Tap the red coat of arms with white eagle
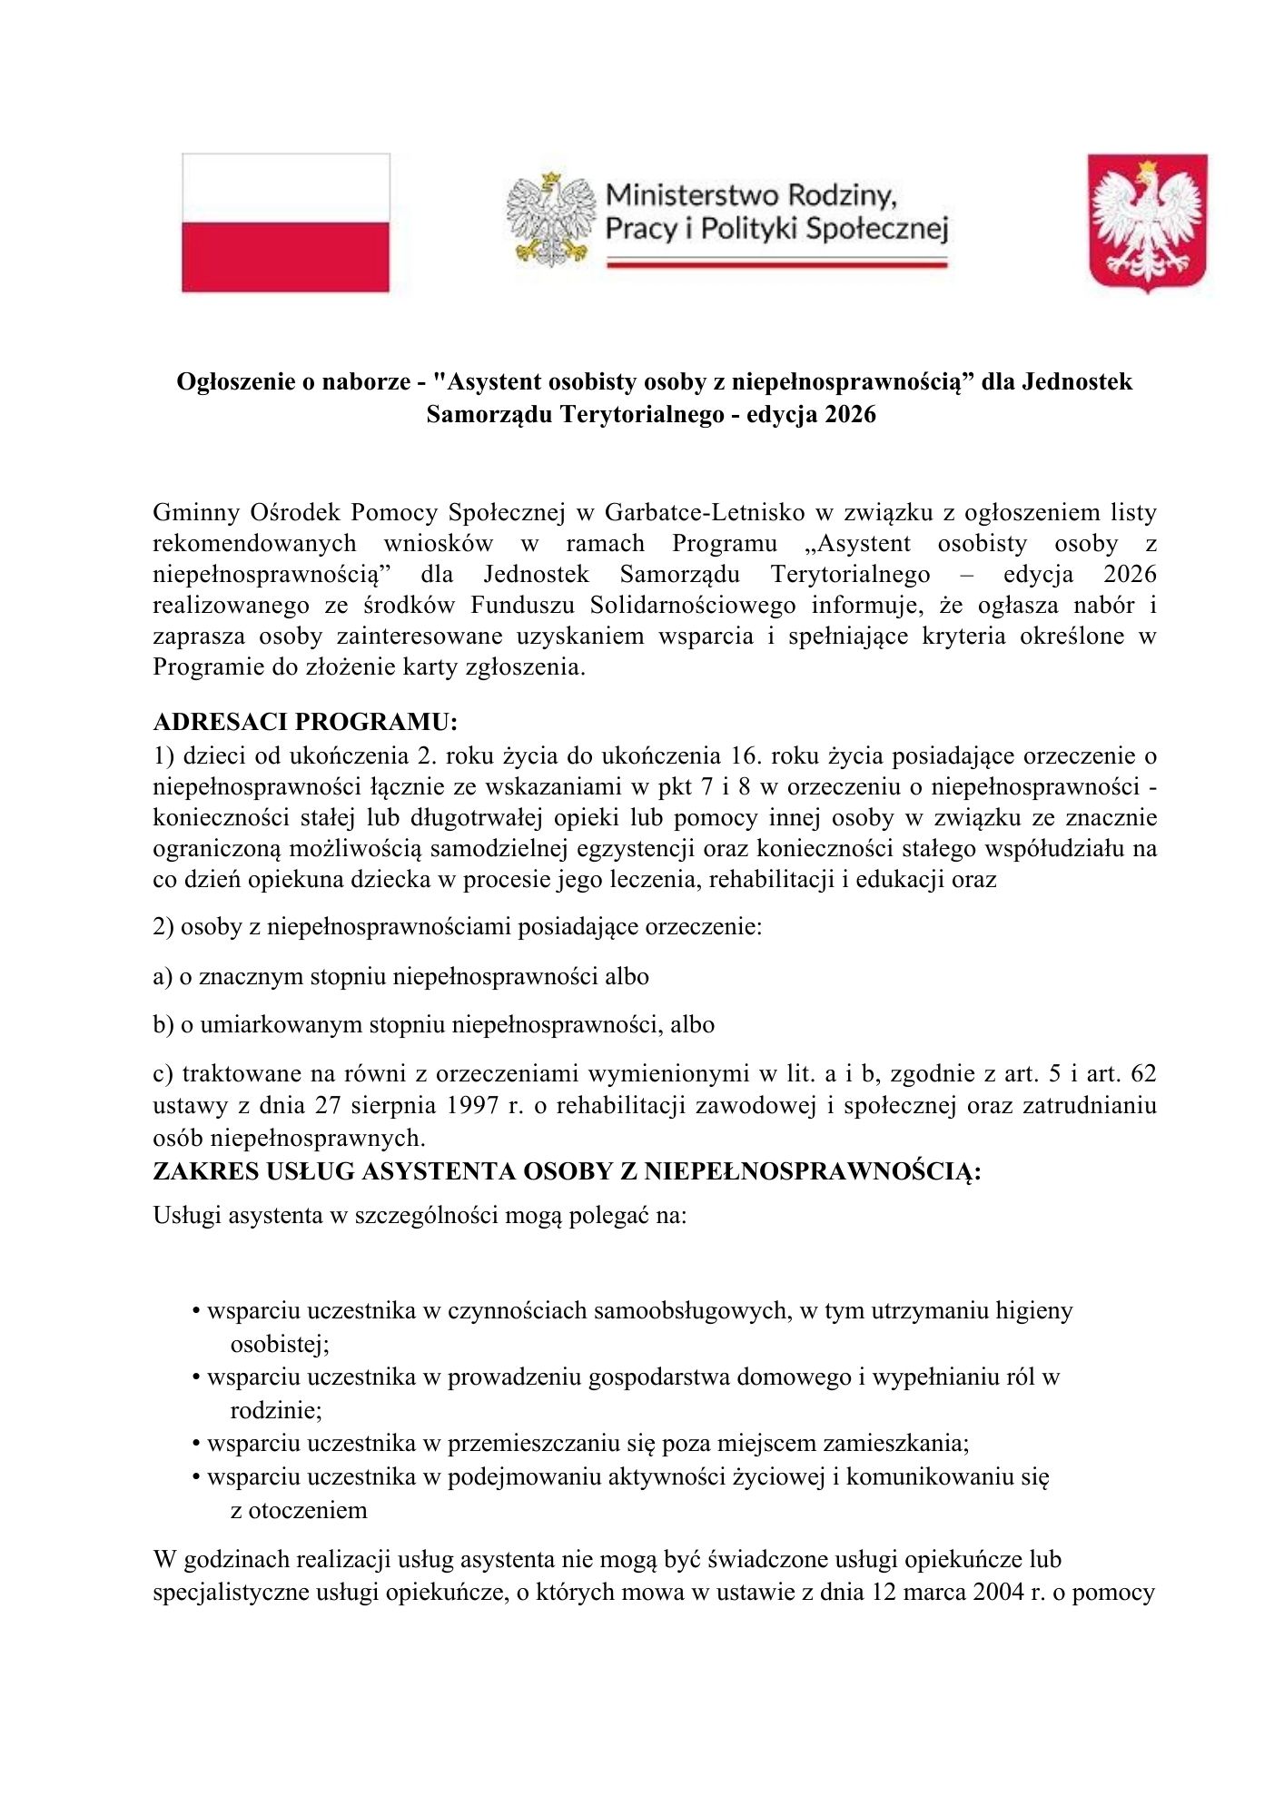pyautogui.click(x=1148, y=222)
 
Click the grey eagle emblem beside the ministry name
pyautogui.click(x=549, y=221)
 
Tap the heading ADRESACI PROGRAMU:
pyautogui.click(x=305, y=722)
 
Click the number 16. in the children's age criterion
pyautogui.click(x=750, y=756)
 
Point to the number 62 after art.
pyautogui.click(x=1144, y=1074)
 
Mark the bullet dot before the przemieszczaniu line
pyautogui.click(x=195, y=1444)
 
